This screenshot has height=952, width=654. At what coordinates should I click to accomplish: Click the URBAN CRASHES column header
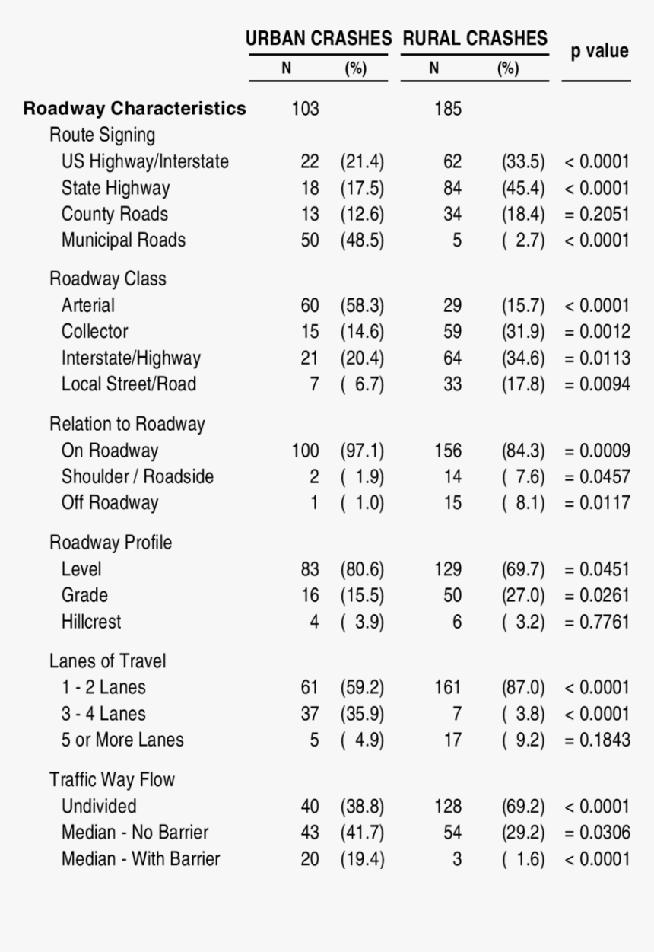pos(319,38)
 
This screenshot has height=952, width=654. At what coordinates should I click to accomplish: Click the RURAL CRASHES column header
pos(475,38)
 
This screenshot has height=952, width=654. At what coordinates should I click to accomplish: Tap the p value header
pos(599,51)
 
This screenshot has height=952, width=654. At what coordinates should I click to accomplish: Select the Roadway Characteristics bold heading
pos(135,108)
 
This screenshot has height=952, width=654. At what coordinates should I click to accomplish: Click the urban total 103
pos(305,109)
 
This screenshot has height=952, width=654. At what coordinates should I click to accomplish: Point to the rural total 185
pos(448,109)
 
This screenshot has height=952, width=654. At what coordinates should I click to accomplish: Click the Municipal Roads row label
pos(123,240)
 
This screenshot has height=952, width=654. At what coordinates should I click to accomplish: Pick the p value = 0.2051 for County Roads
pos(597,214)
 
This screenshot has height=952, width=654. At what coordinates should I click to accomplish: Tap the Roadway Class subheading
pos(107,279)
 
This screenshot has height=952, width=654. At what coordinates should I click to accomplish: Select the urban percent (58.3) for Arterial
pos(363,305)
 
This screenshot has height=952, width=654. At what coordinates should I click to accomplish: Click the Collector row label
pos(95,332)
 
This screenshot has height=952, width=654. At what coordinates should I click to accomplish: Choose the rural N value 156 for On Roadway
pos(448,451)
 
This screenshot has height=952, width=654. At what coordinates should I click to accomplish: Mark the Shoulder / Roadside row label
pos(138,476)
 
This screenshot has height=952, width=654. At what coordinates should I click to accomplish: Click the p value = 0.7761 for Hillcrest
pos(597,622)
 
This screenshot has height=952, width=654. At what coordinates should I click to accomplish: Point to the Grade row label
pos(84,595)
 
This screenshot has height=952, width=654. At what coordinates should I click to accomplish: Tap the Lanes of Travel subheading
pos(108,661)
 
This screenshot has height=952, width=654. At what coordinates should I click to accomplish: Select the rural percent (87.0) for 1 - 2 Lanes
pos(523,687)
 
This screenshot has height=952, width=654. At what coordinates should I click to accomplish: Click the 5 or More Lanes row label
pos(122,740)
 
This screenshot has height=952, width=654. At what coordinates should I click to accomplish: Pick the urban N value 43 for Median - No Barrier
pos(310,833)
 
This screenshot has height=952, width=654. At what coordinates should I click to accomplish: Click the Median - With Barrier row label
pos(141,859)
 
